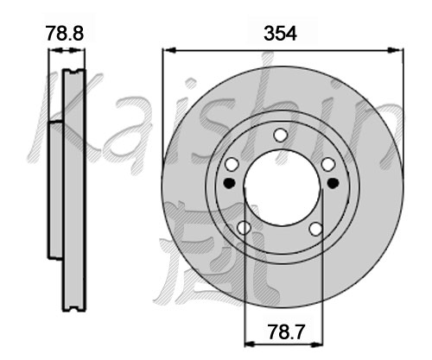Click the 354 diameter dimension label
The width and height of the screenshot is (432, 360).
pyautogui.click(x=280, y=34)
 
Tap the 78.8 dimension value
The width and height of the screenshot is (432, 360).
pyautogui.click(x=65, y=33)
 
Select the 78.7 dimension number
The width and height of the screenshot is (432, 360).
pyautogui.click(x=286, y=332)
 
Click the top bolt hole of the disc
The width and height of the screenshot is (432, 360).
pyautogui.click(x=281, y=135)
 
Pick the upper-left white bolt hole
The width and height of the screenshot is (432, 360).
pyautogui.click(x=232, y=165)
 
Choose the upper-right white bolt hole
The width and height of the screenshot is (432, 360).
pyautogui.click(x=328, y=165)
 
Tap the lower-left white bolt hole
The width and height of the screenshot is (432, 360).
pyautogui.click(x=244, y=228)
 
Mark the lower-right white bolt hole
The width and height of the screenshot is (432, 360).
pyautogui.click(x=315, y=229)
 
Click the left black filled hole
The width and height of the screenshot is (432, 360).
pyautogui.click(x=230, y=183)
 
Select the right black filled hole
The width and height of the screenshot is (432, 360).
pyautogui.click(x=334, y=183)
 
